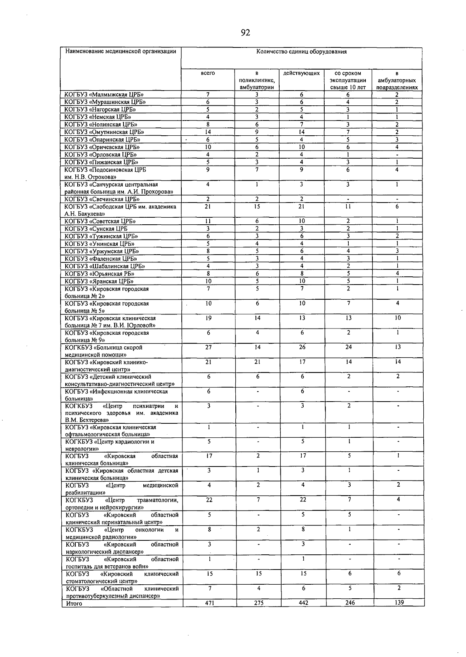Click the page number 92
(245, 33)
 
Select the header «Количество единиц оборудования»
(301, 52)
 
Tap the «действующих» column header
(301, 73)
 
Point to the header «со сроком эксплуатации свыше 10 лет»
(348, 80)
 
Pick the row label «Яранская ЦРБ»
(99, 281)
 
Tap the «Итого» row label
(74, 603)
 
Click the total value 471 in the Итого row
(209, 603)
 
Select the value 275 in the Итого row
(258, 603)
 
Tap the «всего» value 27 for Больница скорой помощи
(209, 348)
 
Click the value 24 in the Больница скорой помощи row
(348, 348)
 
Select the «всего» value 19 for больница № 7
(209, 318)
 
